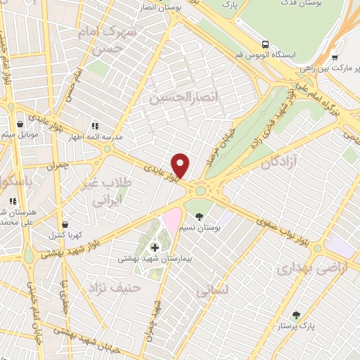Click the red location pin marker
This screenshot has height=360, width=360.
point(181,165)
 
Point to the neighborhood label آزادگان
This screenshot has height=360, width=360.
point(276,163)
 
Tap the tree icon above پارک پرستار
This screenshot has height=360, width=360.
point(296,314)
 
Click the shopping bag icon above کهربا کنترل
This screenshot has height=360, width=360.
point(65,224)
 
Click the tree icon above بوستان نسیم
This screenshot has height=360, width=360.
point(200,216)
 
